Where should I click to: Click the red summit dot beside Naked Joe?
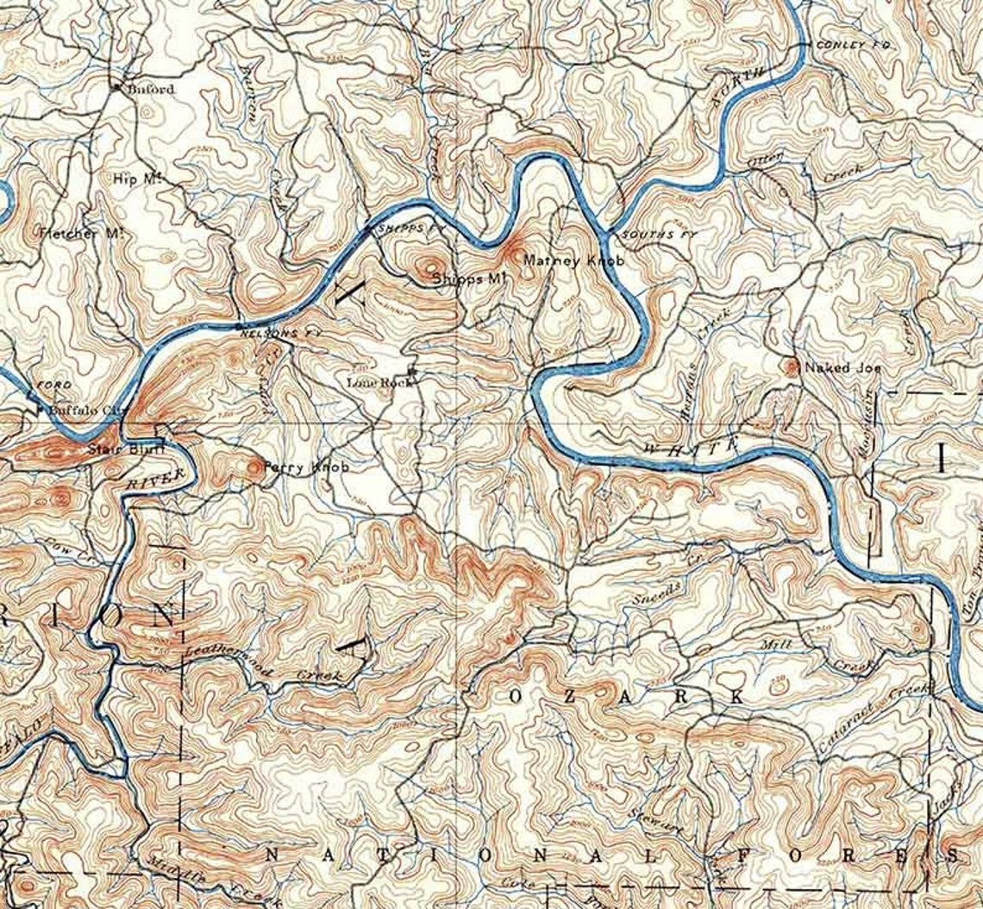click(x=792, y=367)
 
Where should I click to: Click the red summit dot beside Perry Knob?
click(x=254, y=467)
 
